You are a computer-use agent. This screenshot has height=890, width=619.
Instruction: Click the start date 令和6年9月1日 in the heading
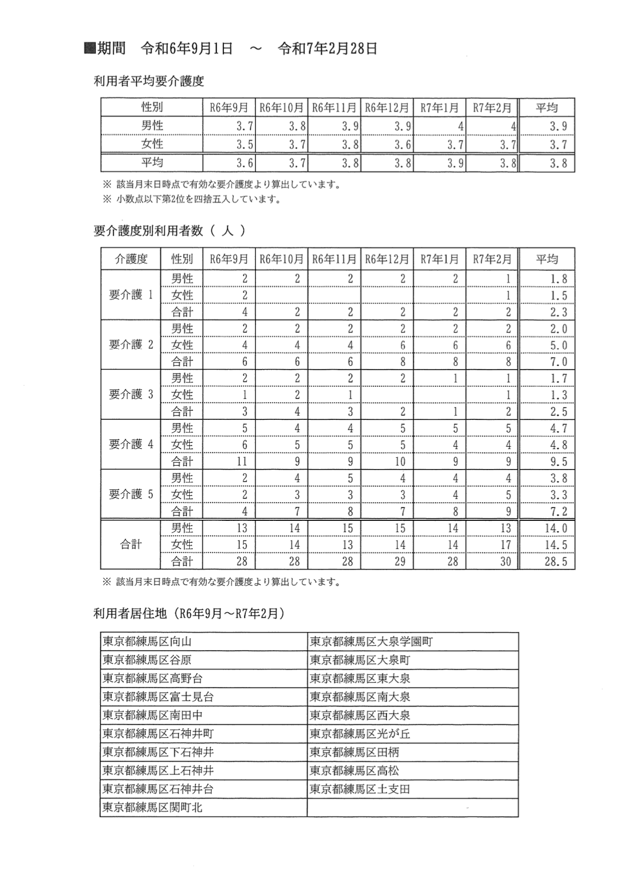coord(187,49)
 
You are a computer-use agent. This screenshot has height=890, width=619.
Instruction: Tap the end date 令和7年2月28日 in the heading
coord(328,49)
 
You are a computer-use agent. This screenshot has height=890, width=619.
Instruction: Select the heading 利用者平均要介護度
coord(149,82)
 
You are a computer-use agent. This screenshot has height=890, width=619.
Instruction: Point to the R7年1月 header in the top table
coord(439,108)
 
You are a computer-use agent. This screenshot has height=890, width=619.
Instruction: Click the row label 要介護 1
coord(131,295)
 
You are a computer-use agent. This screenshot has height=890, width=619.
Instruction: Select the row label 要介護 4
coord(131,444)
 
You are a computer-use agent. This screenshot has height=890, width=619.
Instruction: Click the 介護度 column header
coord(131,260)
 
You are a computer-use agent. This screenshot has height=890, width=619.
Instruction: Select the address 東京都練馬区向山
coord(147,642)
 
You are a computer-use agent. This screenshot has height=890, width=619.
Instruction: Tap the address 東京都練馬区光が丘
coord(360,734)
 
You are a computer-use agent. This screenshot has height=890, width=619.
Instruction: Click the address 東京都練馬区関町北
coord(152,808)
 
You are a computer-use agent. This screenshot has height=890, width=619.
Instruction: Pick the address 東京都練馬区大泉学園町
coord(371,642)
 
